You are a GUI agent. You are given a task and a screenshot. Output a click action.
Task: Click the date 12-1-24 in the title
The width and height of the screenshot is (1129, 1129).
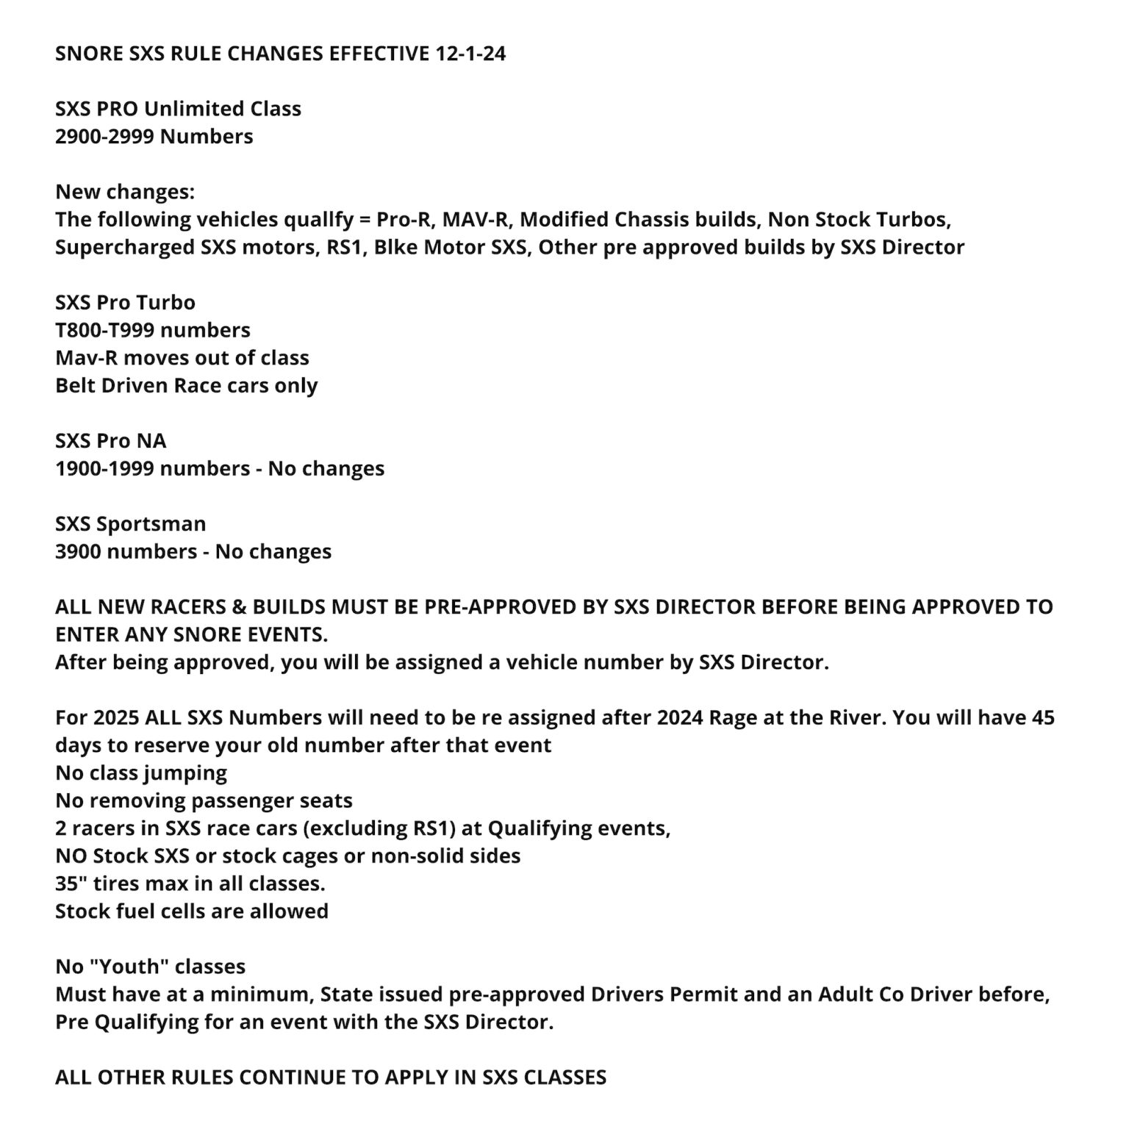point(470,54)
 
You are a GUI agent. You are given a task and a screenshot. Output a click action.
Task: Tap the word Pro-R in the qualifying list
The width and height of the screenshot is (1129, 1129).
point(403,220)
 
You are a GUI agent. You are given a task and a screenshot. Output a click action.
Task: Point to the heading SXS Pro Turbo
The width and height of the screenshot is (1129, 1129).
point(125,303)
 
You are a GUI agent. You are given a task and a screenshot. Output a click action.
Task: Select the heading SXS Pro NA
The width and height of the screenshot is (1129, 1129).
point(111,441)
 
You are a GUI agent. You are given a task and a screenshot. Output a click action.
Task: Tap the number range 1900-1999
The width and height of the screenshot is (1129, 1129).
point(104,469)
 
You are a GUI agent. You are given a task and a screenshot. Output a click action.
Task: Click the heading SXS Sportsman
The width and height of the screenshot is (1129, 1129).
point(131,524)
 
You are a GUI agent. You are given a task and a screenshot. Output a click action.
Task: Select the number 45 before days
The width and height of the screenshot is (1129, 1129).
point(1043,717)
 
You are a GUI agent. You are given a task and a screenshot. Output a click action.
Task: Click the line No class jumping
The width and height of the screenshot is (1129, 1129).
point(141,773)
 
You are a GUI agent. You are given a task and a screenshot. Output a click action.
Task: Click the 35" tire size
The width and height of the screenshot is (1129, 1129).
point(68,884)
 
